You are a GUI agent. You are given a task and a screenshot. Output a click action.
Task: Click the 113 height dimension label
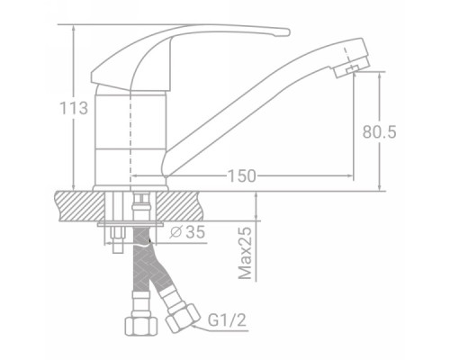[74, 108]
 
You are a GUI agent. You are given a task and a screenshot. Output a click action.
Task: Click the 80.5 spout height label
[379, 131]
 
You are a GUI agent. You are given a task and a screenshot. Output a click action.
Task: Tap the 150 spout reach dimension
[242, 176]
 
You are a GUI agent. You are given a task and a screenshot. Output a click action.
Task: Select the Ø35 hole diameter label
[187, 231]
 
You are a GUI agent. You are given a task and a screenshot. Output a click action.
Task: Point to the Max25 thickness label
[246, 253]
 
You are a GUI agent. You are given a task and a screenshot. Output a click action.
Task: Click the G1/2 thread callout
[227, 320]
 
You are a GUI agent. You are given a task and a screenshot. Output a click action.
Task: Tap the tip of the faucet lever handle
[288, 32]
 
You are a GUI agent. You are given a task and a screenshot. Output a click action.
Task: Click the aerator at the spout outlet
[351, 68]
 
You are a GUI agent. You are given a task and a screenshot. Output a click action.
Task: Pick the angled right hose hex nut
[183, 318]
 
